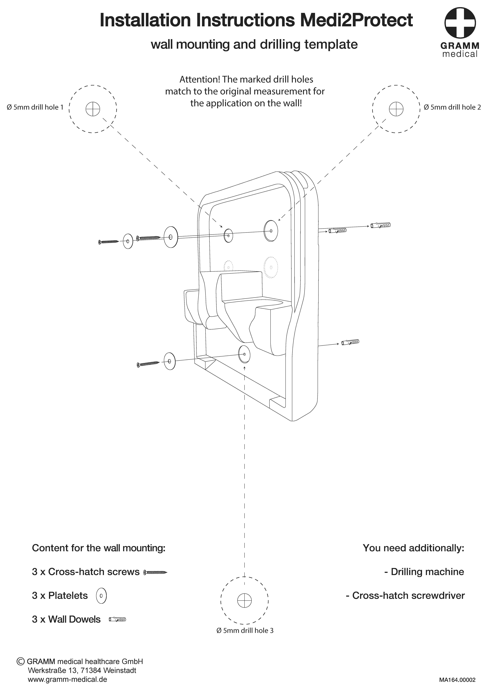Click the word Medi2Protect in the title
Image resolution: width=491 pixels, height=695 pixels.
(356, 20)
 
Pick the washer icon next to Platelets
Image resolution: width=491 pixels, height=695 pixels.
(101, 596)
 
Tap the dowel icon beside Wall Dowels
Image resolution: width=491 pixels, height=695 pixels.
(117, 619)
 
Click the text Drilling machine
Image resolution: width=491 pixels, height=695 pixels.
(424, 572)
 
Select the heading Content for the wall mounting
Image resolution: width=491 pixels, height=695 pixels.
(99, 548)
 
